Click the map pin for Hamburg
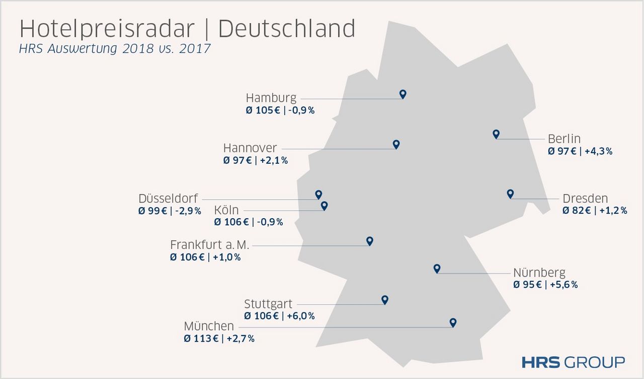(403, 94)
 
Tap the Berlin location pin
(496, 134)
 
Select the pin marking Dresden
(510, 194)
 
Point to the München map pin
(453, 322)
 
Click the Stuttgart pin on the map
(385, 299)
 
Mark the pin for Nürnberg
(437, 268)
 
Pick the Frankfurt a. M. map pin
(370, 240)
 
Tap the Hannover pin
(396, 144)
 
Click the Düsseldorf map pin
(318, 194)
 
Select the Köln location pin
(325, 205)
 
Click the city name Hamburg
(271, 98)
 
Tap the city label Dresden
(585, 199)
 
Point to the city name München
(209, 326)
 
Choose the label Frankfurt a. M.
(210, 245)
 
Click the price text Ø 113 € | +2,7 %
(219, 339)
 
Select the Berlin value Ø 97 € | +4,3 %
(580, 151)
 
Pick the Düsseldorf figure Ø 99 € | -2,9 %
(170, 211)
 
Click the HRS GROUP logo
(573, 362)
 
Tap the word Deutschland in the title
(287, 29)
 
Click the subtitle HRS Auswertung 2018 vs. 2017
(115, 49)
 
